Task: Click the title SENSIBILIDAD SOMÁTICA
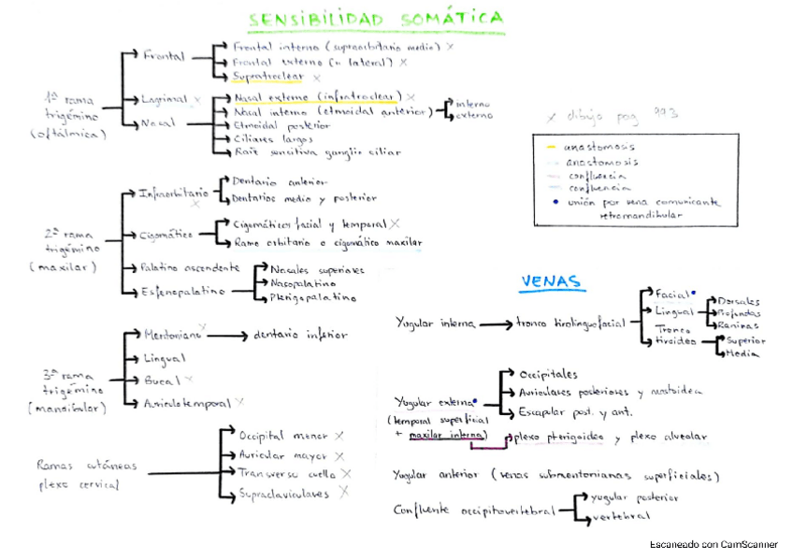pos(376,20)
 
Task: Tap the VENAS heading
pos(551,280)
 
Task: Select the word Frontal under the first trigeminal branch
pos(165,55)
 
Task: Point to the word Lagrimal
pos(165,98)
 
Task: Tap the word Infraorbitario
pos(168,194)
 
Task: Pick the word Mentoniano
pos(172,335)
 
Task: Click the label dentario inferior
pos(300,334)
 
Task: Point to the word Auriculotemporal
pos(187,403)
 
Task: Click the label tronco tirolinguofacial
pos(570,323)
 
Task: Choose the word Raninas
pos(738,324)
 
